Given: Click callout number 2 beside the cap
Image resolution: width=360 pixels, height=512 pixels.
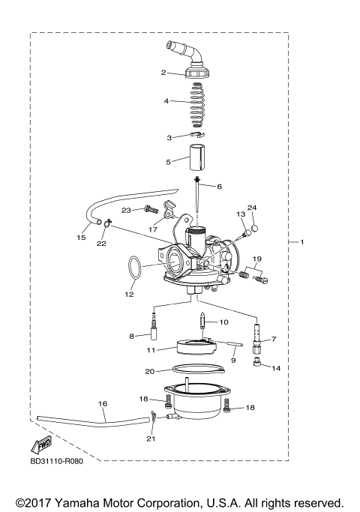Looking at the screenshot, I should click(163, 73).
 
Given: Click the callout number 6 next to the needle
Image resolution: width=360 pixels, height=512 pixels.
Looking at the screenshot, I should click(220, 186).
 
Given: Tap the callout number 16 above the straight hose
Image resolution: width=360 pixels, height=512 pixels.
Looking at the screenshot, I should click(102, 403).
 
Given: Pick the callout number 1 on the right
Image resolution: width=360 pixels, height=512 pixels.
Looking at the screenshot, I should click(302, 243).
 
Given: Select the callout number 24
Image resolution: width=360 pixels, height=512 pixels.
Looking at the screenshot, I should click(252, 208).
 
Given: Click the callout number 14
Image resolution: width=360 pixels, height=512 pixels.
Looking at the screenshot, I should click(276, 368).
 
